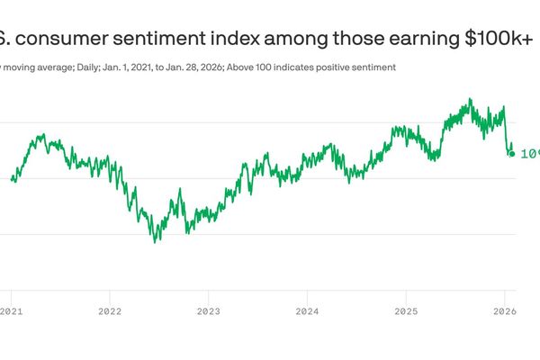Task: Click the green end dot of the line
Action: [x=512, y=154]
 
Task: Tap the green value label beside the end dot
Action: [x=530, y=154]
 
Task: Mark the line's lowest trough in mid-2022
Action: [x=156, y=242]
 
